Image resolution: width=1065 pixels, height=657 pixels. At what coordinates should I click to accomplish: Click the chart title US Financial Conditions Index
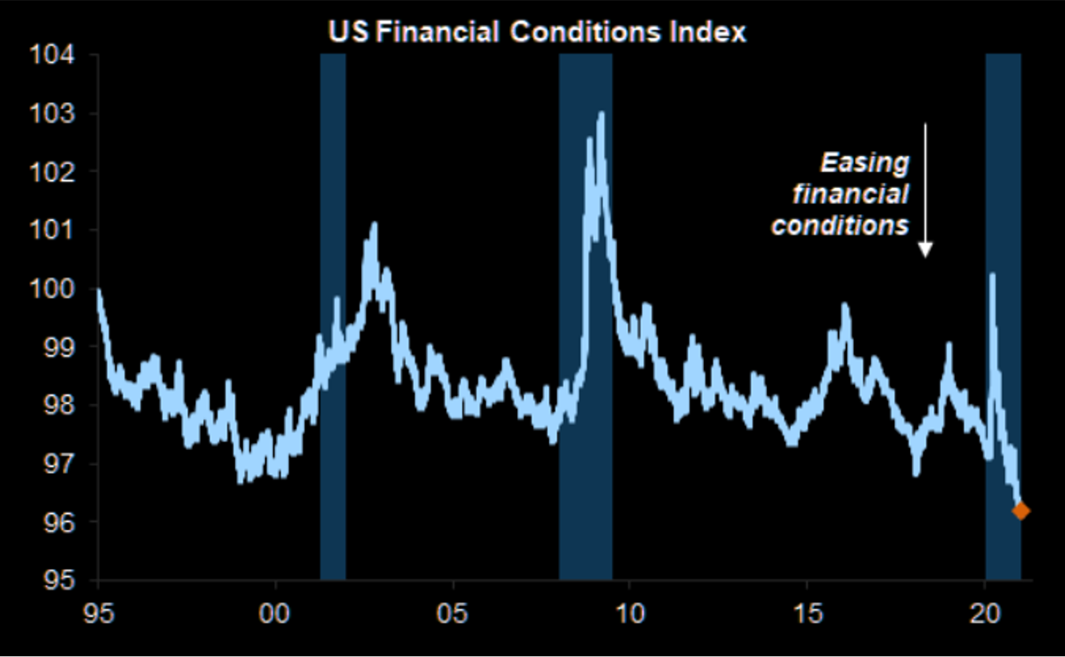point(537,32)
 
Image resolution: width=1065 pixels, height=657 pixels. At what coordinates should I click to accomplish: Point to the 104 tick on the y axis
point(53,55)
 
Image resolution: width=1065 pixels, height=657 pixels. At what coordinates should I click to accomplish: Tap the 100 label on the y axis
point(53,288)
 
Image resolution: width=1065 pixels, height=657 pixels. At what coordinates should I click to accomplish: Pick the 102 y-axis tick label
point(53,172)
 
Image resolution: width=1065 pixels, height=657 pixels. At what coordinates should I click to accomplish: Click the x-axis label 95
point(98,613)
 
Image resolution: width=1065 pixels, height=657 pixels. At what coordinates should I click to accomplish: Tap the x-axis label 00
point(276,613)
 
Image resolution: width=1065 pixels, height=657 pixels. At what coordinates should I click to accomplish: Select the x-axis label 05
point(453,613)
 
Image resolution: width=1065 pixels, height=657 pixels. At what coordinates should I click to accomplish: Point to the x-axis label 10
point(629,613)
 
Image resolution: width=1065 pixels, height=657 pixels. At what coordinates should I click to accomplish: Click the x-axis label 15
point(807,613)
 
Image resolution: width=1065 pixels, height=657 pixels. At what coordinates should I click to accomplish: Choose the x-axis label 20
point(985,613)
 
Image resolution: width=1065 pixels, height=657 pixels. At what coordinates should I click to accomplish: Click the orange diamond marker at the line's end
point(1021,511)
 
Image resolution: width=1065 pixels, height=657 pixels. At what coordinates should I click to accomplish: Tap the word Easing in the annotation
point(865,163)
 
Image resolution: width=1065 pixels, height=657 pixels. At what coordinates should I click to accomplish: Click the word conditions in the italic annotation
point(840,225)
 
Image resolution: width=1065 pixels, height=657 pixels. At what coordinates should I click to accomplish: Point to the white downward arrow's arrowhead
point(926,250)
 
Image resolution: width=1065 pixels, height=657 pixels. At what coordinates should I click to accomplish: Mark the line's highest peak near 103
point(601,114)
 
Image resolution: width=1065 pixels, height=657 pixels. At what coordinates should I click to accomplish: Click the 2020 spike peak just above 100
point(993,275)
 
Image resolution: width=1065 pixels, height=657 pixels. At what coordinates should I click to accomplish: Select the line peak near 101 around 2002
point(374,223)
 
